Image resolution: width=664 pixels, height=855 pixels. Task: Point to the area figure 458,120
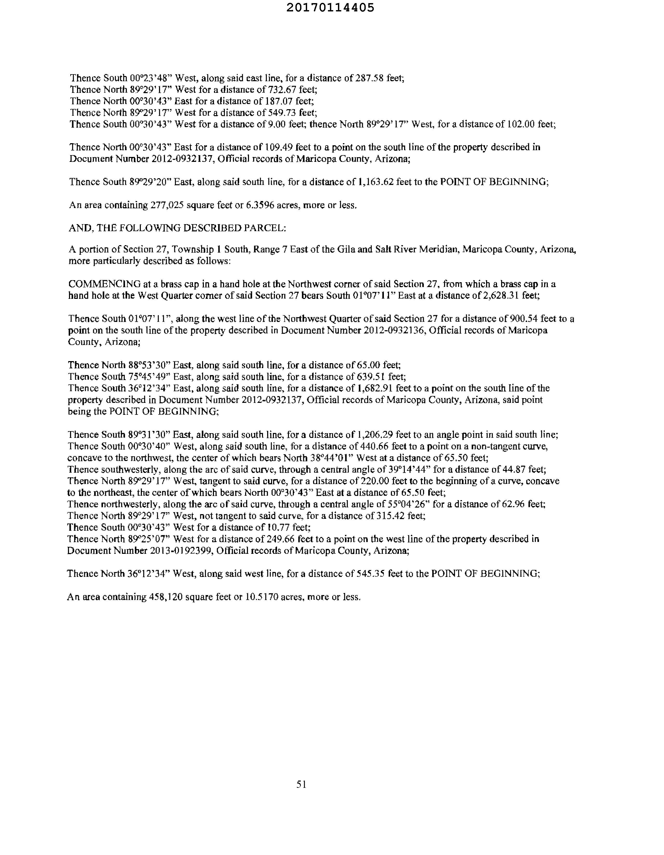tap(166, 597)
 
